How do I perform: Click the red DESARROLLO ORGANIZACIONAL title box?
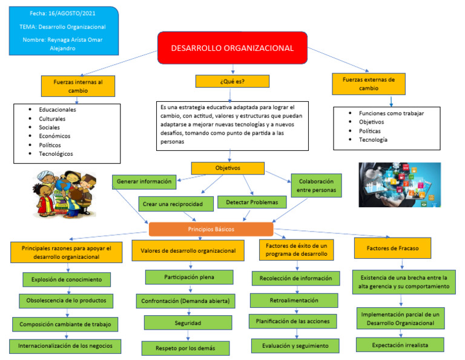(x=232, y=48)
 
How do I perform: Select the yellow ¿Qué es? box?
(x=232, y=81)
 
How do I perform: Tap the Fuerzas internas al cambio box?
(x=77, y=85)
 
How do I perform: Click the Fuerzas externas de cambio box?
(x=368, y=83)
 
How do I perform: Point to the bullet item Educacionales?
(x=58, y=110)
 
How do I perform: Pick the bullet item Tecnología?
(x=373, y=140)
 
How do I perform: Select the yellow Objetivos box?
(x=228, y=168)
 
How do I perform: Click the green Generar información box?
(x=144, y=181)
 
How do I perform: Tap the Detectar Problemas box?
(x=251, y=202)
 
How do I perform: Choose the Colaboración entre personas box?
(x=315, y=185)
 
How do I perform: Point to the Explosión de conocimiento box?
(x=67, y=279)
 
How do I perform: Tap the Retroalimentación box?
(x=294, y=299)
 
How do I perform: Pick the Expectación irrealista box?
(x=400, y=344)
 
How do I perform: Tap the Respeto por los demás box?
(x=186, y=348)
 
